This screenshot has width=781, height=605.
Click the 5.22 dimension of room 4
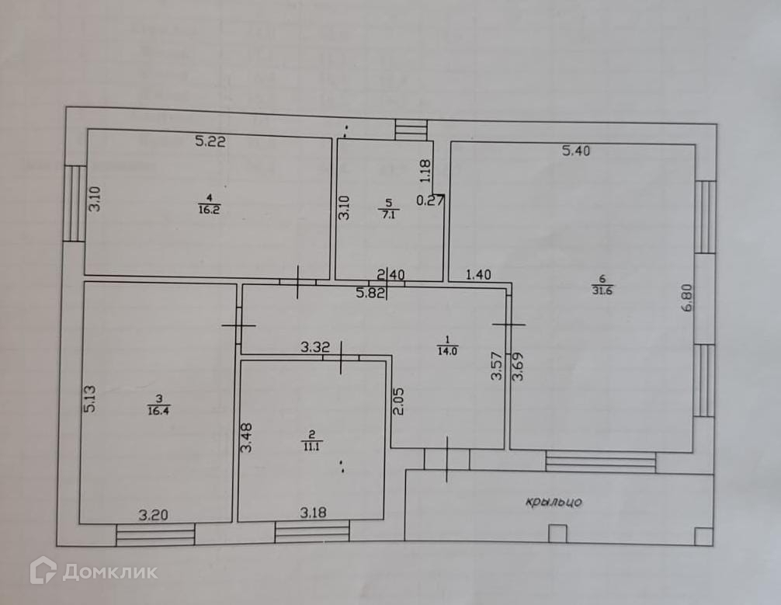[210, 141]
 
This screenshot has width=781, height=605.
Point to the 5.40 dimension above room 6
[576, 151]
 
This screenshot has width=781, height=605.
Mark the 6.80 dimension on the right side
[686, 297]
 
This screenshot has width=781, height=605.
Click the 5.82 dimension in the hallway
[370, 293]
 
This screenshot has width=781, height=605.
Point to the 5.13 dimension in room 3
[90, 399]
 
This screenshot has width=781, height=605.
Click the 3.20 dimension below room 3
[152, 514]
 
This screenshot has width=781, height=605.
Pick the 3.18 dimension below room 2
[313, 513]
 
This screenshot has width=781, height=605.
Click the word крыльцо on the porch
[554, 502]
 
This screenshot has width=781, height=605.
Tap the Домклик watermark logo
[93, 572]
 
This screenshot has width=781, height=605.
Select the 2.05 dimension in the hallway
[397, 401]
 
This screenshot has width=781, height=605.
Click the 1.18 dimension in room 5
[425, 171]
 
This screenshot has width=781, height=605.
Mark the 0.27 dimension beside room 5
[430, 200]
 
